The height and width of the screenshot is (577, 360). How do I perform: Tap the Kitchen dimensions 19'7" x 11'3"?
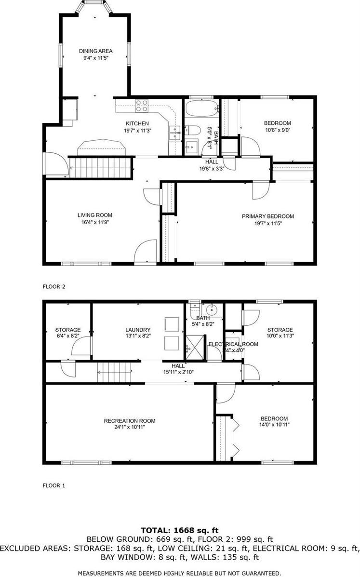coord(137,130)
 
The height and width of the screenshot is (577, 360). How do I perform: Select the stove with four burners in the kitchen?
coord(141,105)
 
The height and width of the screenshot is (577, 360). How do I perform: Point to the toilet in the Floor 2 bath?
coord(193,130)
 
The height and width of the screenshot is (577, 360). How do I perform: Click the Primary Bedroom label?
coord(267,216)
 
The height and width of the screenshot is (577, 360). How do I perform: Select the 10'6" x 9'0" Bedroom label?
coord(277,123)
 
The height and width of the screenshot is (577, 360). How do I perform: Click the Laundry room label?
coord(139,330)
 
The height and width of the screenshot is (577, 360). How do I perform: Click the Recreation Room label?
coord(130,421)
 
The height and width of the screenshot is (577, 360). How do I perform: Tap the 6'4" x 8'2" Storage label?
coord(67,330)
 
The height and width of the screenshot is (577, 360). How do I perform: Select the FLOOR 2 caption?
coord(54,286)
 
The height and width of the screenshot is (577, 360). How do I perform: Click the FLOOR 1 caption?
coord(54,486)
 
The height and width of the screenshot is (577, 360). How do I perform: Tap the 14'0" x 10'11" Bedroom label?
coord(274,418)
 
